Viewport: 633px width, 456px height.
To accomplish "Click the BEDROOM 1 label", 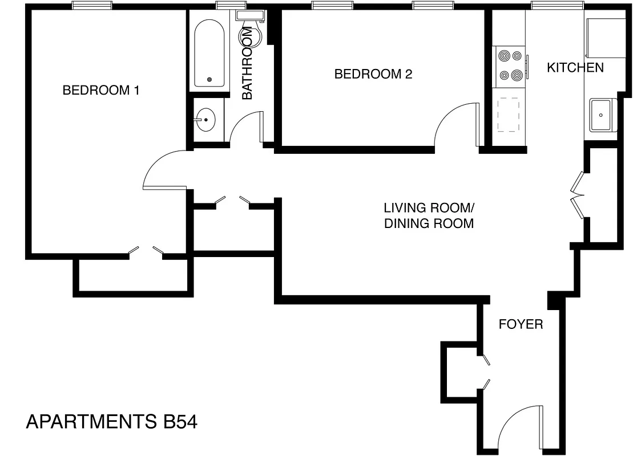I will [x=101, y=90].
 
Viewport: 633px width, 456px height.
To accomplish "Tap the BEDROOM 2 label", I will [x=373, y=74].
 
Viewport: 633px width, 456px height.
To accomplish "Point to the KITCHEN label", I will [x=575, y=68].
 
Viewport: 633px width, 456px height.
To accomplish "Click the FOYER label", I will [x=521, y=325].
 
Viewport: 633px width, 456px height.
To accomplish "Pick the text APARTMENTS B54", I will [x=112, y=422].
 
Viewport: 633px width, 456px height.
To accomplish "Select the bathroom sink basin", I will [x=205, y=120].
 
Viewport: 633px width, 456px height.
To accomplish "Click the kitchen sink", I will [x=602, y=115].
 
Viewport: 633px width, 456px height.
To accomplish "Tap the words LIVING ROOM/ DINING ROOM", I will [x=429, y=215].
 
